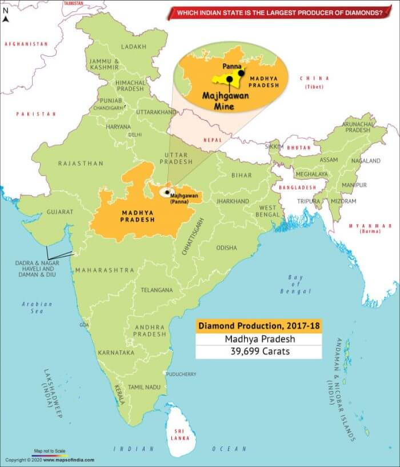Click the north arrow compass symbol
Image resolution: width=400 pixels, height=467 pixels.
[x=6, y=15]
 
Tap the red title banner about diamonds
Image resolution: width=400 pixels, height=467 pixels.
[x=279, y=12]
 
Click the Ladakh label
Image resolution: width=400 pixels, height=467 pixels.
[x=134, y=46]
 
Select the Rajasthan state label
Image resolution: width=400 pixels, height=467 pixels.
[x=81, y=163]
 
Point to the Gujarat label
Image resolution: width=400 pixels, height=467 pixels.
[x=60, y=211]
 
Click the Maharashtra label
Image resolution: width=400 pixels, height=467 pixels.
[x=105, y=270]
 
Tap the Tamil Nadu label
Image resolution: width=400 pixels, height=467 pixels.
[x=143, y=387]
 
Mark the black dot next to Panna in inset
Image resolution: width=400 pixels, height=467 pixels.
[x=241, y=73]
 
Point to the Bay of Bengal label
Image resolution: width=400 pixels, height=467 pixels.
[x=295, y=284]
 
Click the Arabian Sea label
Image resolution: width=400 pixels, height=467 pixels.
[x=37, y=308]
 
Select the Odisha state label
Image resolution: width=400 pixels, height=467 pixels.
[x=226, y=248]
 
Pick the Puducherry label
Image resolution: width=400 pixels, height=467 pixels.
[x=182, y=374]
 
